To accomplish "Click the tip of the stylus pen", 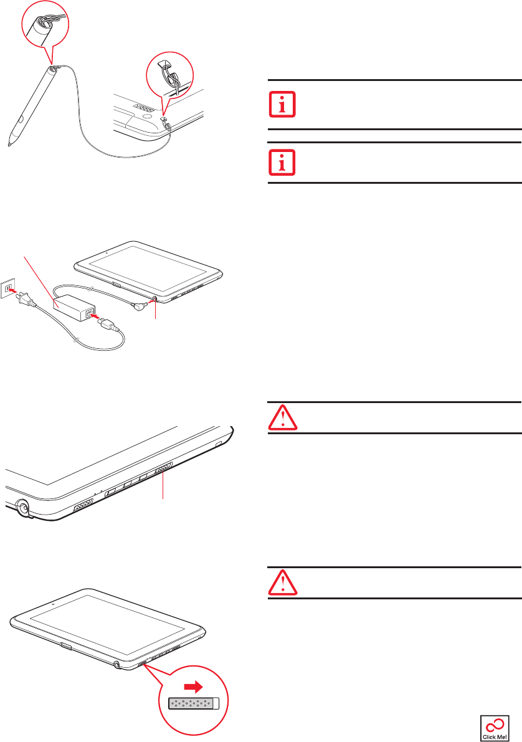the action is pyautogui.click(x=9, y=145).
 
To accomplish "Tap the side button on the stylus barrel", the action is pyautogui.click(x=27, y=113).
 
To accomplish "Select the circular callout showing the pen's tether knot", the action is pyautogui.click(x=45, y=24).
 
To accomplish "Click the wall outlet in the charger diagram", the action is pyautogui.click(x=7, y=288).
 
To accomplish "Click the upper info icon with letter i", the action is pyautogui.click(x=283, y=104).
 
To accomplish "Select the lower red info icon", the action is pyautogui.click(x=283, y=163).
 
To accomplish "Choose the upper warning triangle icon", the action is pyautogui.click(x=283, y=418).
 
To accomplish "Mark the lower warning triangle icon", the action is pyautogui.click(x=283, y=583).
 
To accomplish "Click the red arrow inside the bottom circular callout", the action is pyautogui.click(x=193, y=687).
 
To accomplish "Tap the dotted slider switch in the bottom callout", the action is pyautogui.click(x=194, y=703).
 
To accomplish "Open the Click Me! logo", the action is pyautogui.click(x=495, y=728).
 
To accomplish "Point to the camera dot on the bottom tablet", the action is pyautogui.click(x=52, y=604).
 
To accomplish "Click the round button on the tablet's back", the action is pyautogui.click(x=147, y=115).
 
